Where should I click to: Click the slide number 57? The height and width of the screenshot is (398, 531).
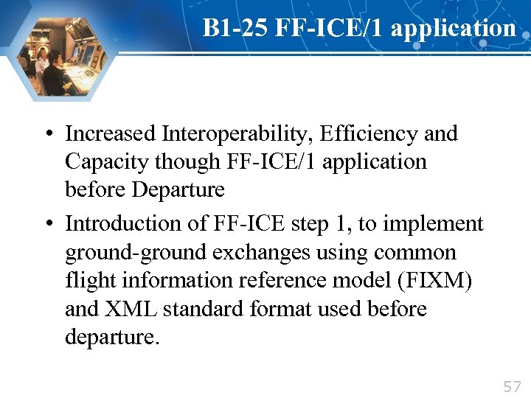512,386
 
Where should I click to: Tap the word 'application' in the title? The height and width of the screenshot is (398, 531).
454,28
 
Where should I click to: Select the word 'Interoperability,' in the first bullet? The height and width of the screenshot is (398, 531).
223,134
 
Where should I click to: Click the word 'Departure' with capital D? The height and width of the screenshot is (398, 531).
178,189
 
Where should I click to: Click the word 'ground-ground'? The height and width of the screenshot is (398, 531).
136,253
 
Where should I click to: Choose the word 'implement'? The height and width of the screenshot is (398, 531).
438,223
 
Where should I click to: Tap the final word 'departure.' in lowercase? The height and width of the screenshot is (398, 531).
112,337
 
